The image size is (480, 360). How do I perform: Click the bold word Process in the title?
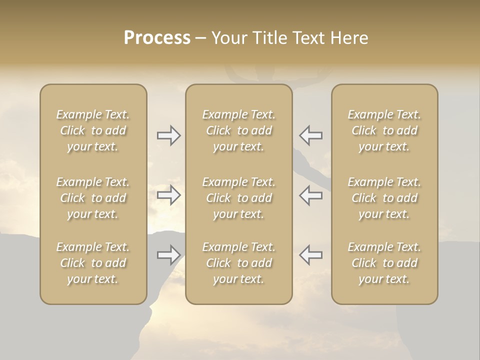coord(157,38)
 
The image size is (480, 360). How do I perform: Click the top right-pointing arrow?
coord(168,135)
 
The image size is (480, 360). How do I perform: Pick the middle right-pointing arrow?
coord(168,195)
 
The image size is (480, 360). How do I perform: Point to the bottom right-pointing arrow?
coord(168,255)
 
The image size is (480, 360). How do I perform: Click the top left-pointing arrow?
coord(311,135)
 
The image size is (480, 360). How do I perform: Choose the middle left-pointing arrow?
coord(311,195)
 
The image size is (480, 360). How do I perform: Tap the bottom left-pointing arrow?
coord(311,255)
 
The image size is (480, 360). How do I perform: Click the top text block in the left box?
coord(93,130)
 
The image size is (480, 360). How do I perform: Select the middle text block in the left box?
coord(93,198)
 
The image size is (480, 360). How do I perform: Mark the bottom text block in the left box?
coord(93,263)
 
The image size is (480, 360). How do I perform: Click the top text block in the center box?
coord(239,130)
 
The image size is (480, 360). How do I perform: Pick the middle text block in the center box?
coord(239,198)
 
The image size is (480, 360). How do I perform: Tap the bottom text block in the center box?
coord(239,263)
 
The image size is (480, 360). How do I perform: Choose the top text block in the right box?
coord(384,130)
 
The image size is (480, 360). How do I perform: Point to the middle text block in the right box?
coord(384,198)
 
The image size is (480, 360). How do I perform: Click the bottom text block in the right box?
coord(384,263)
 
